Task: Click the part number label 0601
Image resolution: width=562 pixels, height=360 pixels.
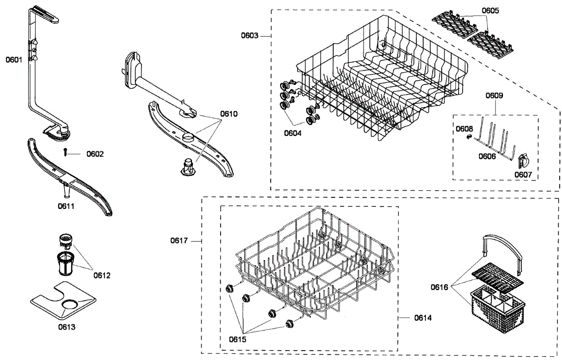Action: tap(14, 60)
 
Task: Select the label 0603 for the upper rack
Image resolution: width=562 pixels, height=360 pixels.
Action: tap(250, 36)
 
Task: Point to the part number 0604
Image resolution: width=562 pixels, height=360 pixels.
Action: tap(292, 133)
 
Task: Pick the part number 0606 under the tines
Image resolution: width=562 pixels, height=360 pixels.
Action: tap(487, 156)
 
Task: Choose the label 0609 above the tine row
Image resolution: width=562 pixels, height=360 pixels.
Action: tap(494, 96)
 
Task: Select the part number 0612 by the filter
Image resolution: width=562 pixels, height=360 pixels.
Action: tap(102, 275)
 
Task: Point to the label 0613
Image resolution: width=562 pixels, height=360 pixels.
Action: tap(67, 327)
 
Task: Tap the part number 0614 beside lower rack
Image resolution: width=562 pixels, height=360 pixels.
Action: tap(422, 318)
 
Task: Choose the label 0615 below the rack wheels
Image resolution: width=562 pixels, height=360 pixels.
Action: tap(238, 339)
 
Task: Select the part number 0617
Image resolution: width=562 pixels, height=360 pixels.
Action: tap(179, 241)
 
